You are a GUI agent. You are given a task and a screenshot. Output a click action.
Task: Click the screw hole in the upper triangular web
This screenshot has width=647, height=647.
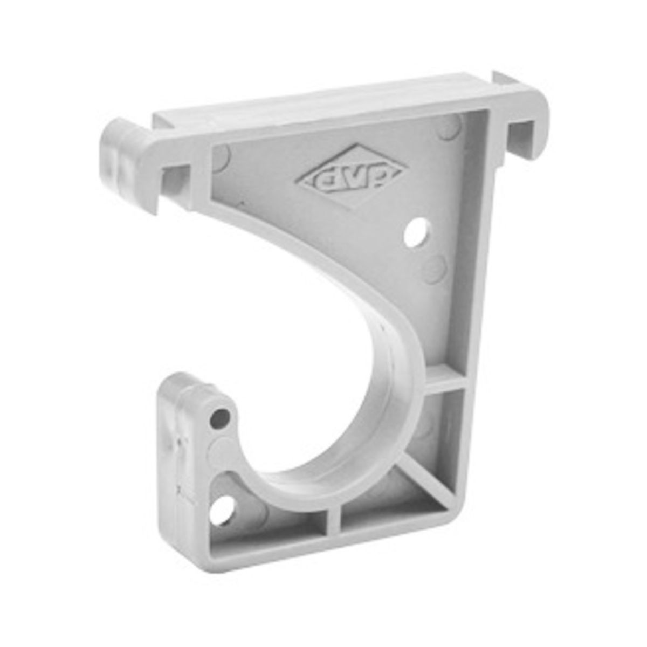coord(417,233)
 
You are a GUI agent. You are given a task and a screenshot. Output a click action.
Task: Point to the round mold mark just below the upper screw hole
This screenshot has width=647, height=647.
coord(435,269)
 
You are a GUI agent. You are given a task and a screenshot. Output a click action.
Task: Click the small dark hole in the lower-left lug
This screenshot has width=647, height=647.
coord(220,418)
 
